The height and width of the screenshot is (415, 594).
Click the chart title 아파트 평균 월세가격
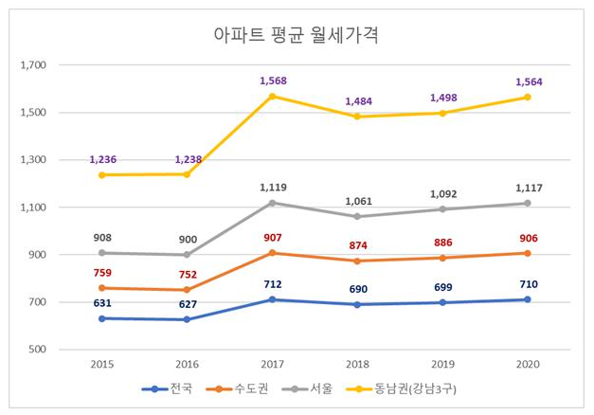click(x=297, y=36)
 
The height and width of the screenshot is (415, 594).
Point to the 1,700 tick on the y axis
click(x=33, y=65)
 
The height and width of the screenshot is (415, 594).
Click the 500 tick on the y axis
click(x=38, y=350)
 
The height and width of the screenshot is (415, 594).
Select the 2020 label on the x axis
click(x=524, y=363)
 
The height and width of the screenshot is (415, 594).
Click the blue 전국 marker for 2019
click(x=440, y=302)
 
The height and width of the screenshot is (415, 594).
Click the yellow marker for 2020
click(x=524, y=98)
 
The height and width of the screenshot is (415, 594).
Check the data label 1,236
click(x=102, y=160)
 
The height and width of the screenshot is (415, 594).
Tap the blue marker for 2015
click(x=102, y=318)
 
